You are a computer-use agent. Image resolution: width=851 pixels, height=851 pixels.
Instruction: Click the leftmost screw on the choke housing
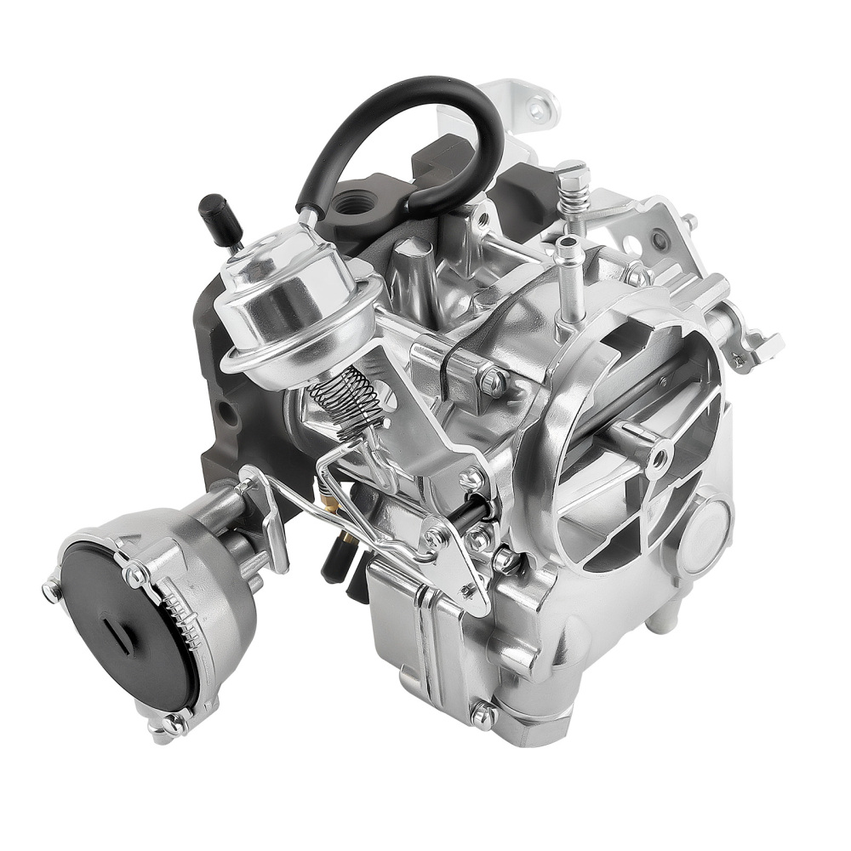click(x=52, y=588)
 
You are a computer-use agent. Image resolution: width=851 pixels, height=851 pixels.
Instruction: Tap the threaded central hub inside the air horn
click(x=657, y=458)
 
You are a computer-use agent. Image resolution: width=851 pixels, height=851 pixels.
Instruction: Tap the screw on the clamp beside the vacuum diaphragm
click(x=488, y=380)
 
